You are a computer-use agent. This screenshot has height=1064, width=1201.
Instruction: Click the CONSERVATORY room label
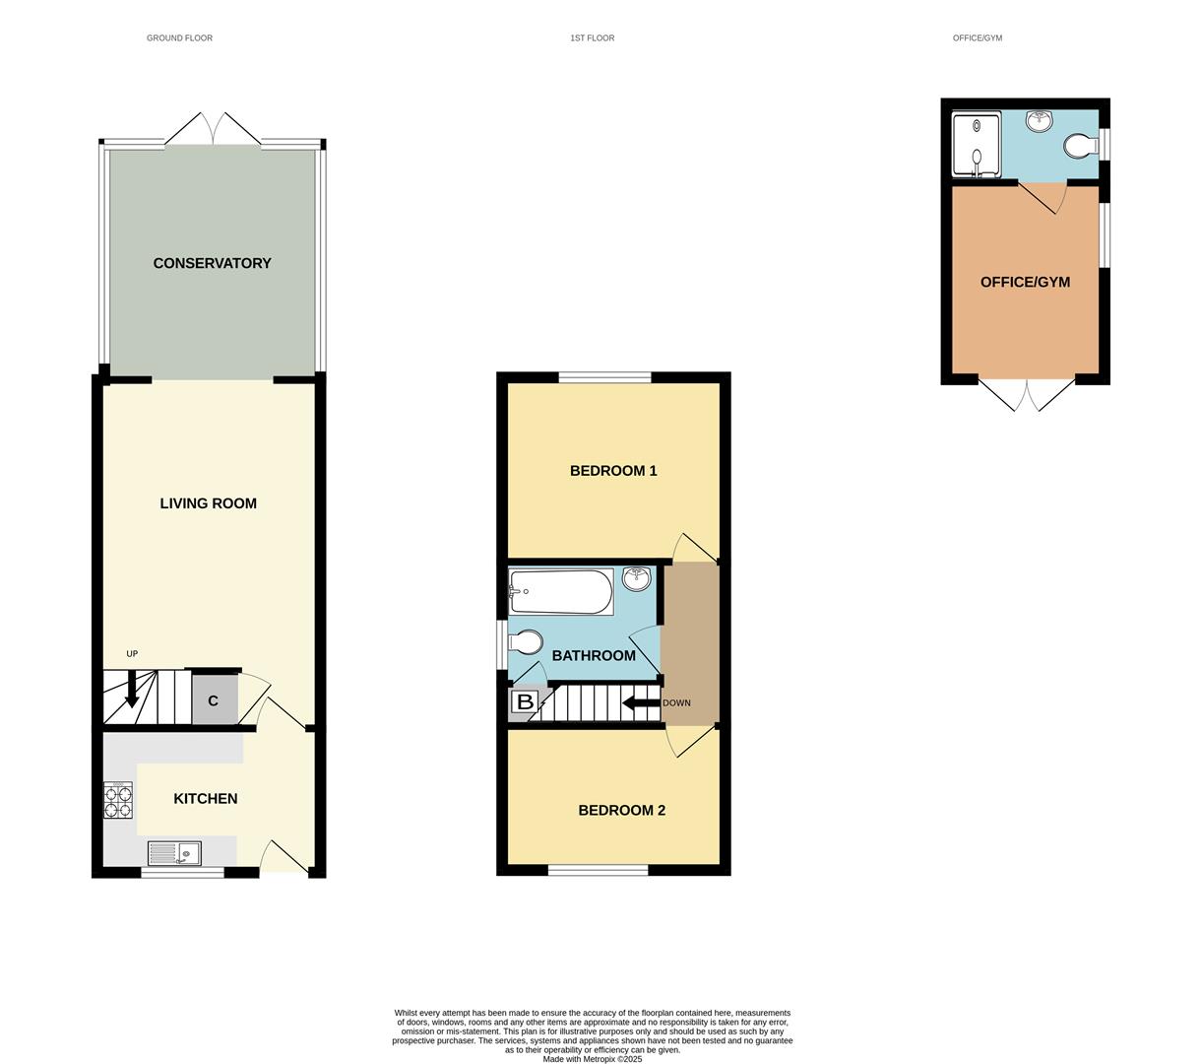pos(212,263)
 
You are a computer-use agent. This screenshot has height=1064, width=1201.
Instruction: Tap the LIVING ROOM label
pos(208,503)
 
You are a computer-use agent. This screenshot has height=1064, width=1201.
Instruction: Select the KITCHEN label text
pos(205,799)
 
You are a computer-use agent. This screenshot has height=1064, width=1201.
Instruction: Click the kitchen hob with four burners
pos(118,800)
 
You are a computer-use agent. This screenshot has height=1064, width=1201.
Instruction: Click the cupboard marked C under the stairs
pos(214,700)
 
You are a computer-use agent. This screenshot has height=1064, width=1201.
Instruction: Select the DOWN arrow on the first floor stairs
pos(640,703)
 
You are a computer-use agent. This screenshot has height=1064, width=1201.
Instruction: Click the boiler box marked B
pos(525,702)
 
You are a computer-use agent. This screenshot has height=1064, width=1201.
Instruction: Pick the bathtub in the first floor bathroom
pos(560,591)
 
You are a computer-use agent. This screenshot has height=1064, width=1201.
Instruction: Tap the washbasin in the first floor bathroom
pos(637,578)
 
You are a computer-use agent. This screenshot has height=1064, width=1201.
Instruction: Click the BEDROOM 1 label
pos(613,471)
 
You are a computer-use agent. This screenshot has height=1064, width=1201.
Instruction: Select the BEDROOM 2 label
pos(621,811)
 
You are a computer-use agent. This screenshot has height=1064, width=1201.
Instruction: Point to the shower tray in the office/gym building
pos(976,144)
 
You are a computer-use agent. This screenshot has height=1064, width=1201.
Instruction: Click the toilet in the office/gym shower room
pos(1079,147)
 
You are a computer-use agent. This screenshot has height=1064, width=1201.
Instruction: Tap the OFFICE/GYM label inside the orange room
pos(1025,283)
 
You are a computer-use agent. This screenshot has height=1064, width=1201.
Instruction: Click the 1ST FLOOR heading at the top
pos(592,38)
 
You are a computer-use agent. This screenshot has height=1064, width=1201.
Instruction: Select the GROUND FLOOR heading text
pos(179,38)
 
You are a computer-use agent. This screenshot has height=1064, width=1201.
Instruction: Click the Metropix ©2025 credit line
pos(592,1059)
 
